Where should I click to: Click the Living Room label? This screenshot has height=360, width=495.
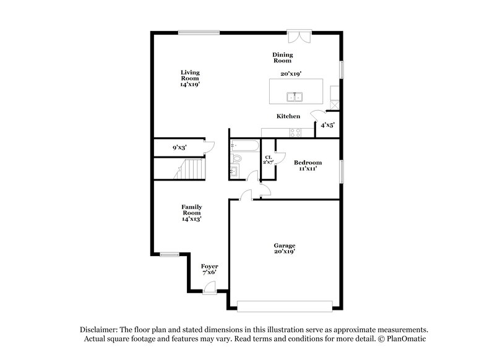[x=190, y=78]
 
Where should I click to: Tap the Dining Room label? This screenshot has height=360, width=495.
[x=283, y=58]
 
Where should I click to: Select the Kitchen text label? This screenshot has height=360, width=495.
[x=288, y=116]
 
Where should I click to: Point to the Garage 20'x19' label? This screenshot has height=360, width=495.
[x=285, y=249]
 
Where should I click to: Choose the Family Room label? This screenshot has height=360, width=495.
[x=191, y=212]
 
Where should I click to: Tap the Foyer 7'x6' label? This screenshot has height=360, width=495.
[x=209, y=269]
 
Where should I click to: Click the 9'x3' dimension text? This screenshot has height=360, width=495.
[x=180, y=148]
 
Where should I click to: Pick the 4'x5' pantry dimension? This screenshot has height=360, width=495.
[x=327, y=125]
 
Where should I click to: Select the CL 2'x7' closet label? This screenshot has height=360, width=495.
[x=269, y=160]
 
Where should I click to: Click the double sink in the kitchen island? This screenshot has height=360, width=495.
[x=294, y=96]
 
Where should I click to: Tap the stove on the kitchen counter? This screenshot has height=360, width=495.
[x=295, y=132]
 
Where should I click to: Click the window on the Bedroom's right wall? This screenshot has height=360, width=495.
[x=340, y=171]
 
